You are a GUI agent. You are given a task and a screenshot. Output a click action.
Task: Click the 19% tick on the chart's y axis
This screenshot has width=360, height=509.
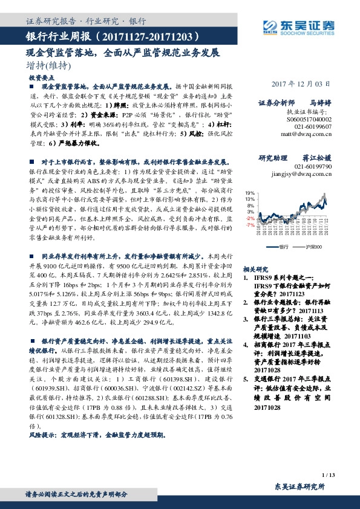[249, 192]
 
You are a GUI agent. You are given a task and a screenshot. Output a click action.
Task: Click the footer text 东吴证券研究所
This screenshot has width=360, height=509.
[299, 487]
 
